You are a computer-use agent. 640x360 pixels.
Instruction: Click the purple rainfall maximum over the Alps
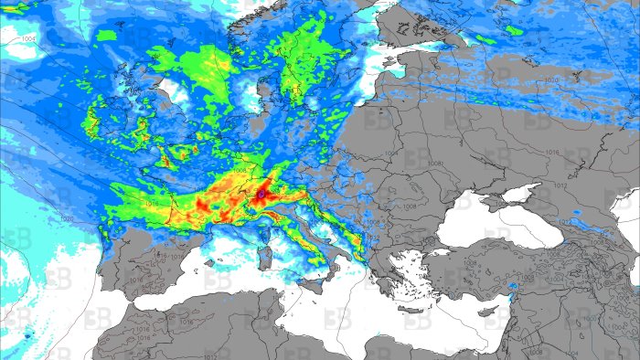pyautogui.click(x=261, y=194)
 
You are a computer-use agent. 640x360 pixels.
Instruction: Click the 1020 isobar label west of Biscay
pyautogui.click(x=66, y=219)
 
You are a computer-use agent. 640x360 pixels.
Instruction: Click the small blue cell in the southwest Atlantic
pyautogui.click(x=26, y=334)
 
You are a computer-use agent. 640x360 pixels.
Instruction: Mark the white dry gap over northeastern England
pyautogui.click(x=170, y=88)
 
